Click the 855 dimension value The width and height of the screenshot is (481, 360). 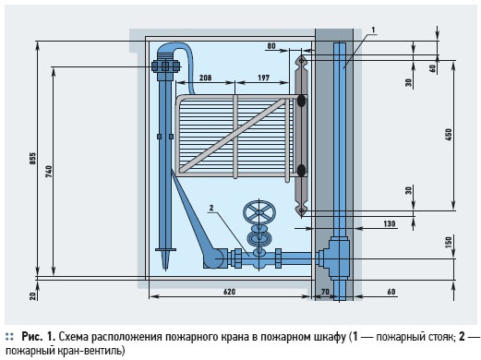33,159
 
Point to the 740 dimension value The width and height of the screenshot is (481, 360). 49,172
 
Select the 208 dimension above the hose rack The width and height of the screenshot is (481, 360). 205,78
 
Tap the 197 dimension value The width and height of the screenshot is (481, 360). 263,78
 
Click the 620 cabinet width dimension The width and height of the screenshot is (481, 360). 229,292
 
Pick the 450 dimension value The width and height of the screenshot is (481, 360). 449,135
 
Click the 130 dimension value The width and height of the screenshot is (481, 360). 390,223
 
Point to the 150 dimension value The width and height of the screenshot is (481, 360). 449,243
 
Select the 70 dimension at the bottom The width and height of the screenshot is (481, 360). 325,291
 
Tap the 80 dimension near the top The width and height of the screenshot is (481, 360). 271,46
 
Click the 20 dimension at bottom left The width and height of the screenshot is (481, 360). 33,295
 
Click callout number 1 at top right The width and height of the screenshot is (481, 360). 373,30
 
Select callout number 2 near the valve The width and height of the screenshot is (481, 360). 211,208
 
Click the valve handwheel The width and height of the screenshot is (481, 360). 259,212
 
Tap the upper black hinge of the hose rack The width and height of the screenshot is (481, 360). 301,101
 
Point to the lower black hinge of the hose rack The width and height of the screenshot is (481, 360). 301,171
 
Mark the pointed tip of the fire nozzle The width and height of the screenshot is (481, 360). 165,270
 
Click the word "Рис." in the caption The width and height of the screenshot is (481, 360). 32,337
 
